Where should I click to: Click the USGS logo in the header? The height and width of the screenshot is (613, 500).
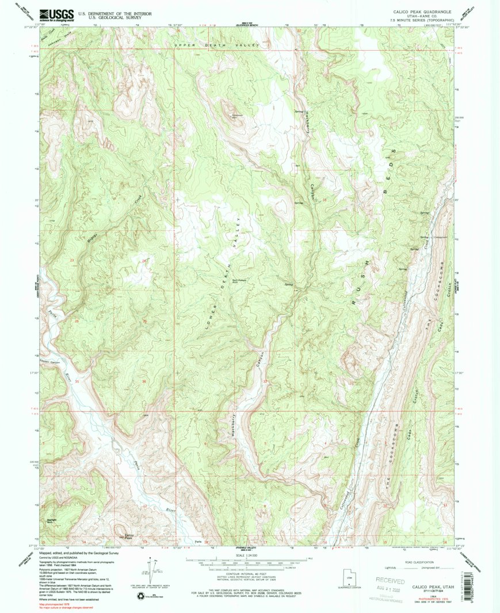coord(56,15)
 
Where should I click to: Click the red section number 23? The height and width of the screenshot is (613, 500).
coord(72,261)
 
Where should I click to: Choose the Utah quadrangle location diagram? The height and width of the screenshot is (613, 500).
coord(348,576)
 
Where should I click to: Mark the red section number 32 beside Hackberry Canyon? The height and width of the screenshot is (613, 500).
coord(265,381)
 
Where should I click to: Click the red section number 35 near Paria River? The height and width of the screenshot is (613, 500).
coord(77,381)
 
